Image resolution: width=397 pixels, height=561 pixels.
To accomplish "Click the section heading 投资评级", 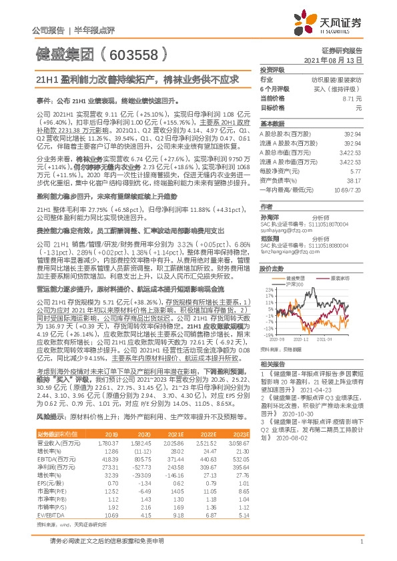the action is point(272,69).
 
